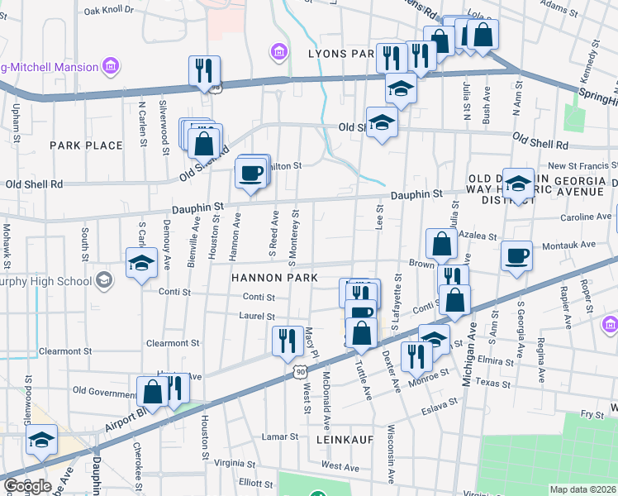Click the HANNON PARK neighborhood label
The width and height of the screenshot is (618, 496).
pyautogui.click(x=274, y=278)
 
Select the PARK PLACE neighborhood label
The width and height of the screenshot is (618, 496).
pyautogui.click(x=86, y=145)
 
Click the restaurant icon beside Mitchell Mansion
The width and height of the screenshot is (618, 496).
pyautogui.click(x=203, y=71)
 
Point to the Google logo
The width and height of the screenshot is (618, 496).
pyautogui.click(x=27, y=486)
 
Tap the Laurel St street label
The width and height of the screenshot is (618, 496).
pyautogui.click(x=258, y=317)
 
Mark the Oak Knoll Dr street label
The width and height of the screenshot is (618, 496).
pyautogui.click(x=108, y=10)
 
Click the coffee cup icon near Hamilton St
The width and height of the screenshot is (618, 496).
pyautogui.click(x=250, y=174)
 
